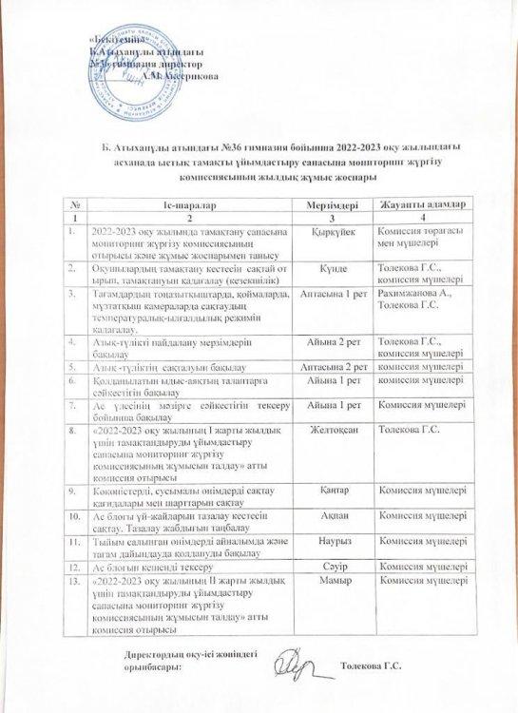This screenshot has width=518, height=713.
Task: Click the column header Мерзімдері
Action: coord(333,205)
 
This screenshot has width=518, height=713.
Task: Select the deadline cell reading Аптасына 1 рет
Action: coord(333,296)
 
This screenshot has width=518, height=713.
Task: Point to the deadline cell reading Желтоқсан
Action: coord(333,431)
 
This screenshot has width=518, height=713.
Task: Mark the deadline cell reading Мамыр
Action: coord(333,579)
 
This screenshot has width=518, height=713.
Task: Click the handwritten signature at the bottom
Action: coord(295,662)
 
